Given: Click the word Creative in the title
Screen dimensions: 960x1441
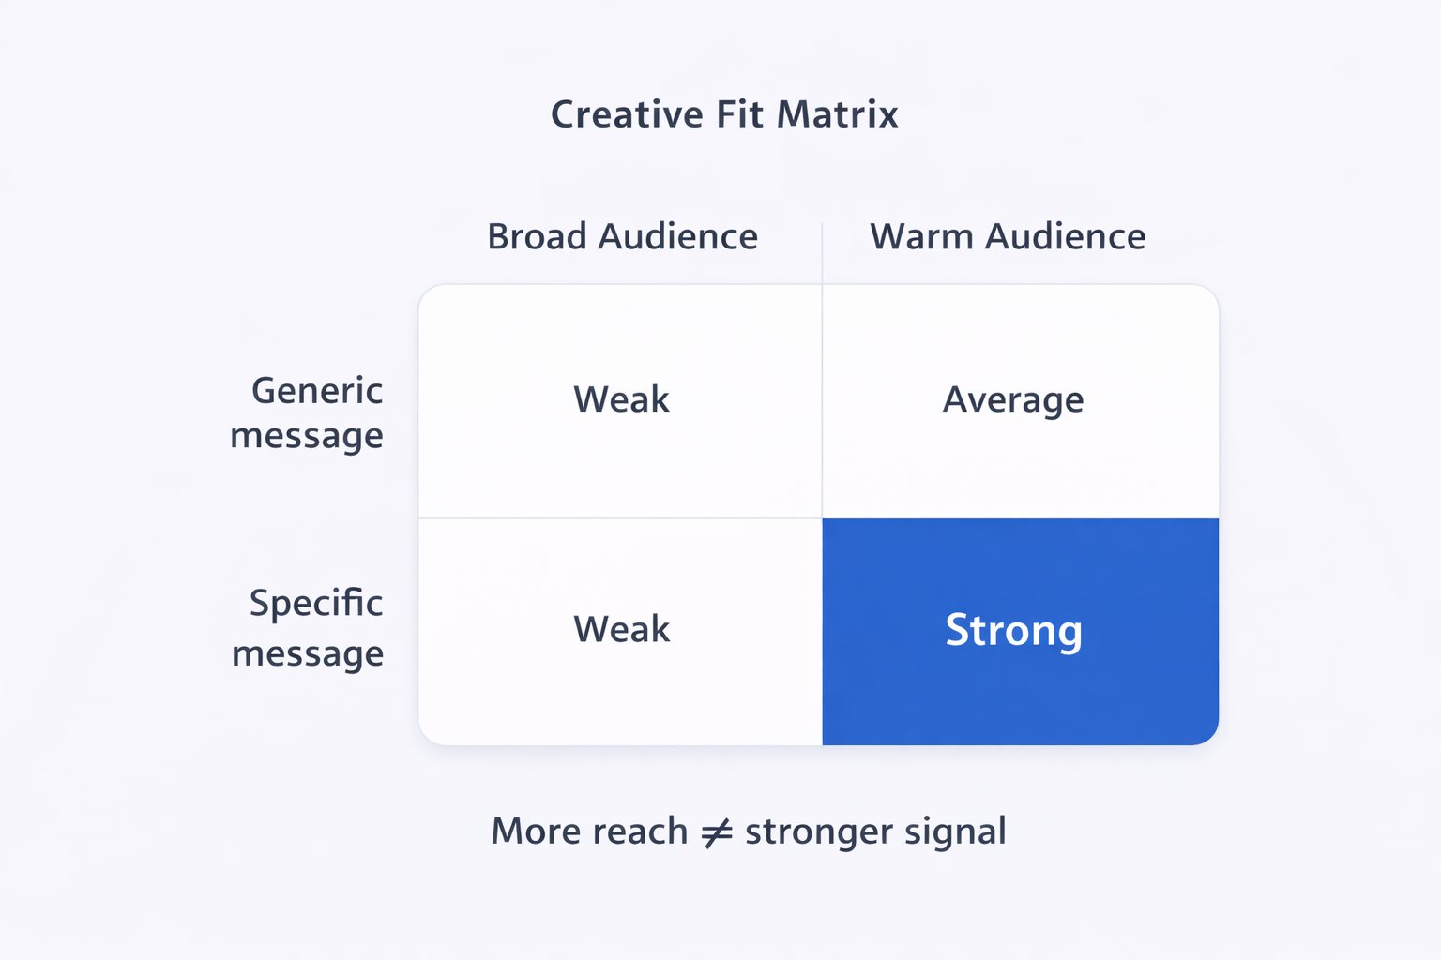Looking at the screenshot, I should coord(626,114).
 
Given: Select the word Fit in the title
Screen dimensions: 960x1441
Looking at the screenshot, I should coord(739,114).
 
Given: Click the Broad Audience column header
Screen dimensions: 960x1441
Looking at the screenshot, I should coord(622,236).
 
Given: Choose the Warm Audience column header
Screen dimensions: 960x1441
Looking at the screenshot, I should coord(1008,236).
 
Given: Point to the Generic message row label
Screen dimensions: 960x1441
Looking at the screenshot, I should coord(308,412).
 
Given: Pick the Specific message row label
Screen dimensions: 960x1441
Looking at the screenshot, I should coord(309,627).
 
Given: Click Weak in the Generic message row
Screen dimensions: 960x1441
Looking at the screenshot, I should coord(621,399).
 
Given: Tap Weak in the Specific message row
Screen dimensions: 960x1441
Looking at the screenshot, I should coord(621,629).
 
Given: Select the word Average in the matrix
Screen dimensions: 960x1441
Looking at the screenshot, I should coord(1013,400).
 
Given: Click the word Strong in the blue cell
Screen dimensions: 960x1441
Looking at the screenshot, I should coord(1013,630).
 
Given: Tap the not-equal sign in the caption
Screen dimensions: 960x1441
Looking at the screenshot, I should coord(717,832).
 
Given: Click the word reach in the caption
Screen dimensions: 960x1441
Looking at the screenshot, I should coord(640,832).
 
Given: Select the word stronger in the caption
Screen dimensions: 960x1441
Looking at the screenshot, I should coord(819,832).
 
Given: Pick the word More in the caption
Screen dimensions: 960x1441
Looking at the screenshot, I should coord(536,832).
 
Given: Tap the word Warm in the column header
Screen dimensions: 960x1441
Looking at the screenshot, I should coord(922,236).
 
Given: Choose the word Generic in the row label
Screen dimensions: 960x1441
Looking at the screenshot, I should coord(317,391).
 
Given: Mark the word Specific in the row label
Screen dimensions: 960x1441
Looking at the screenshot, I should coord(316,604).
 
